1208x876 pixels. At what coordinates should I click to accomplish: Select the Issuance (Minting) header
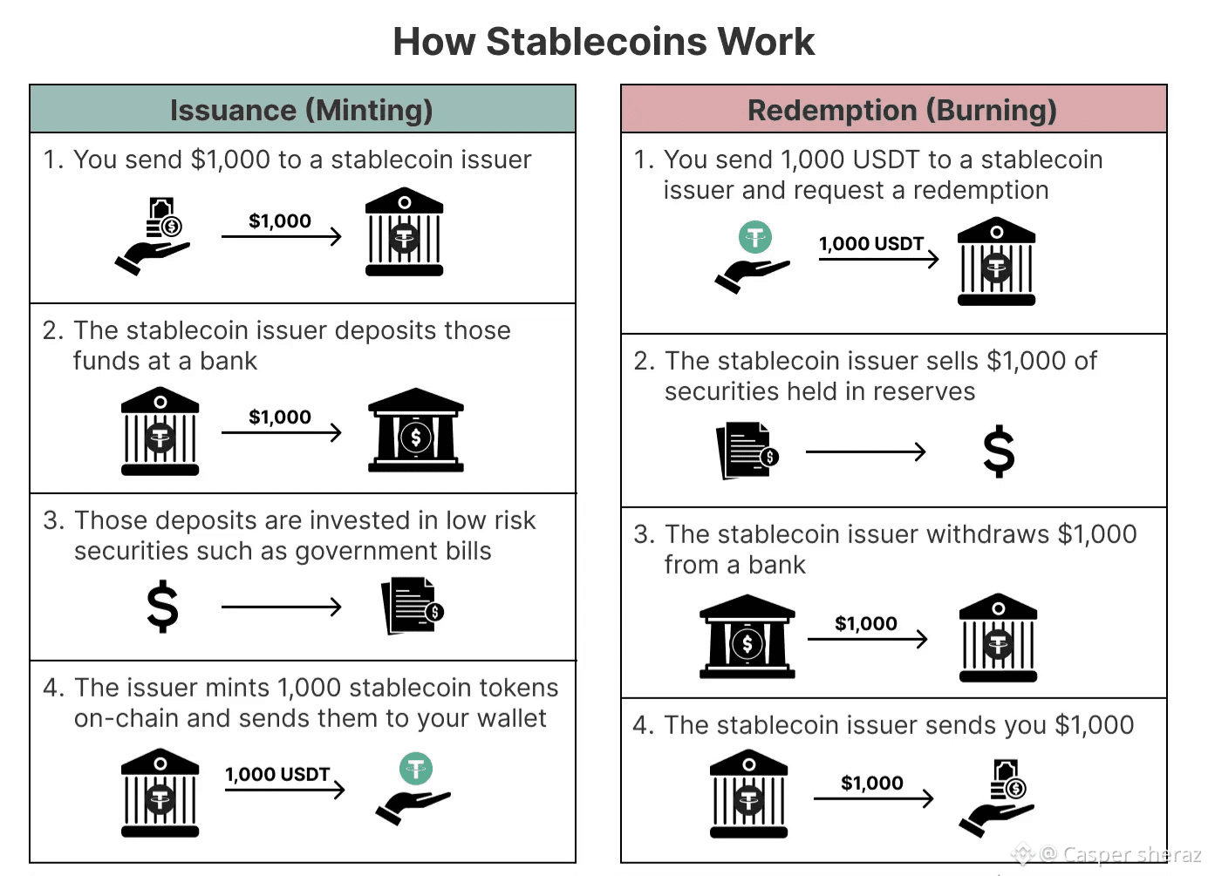pyautogui.click(x=302, y=111)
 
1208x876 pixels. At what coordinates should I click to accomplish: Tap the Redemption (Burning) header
pyautogui.click(x=902, y=111)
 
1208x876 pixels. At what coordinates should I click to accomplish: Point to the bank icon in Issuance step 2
pyautogui.click(x=415, y=431)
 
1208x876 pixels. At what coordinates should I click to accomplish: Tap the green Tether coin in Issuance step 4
pyautogui.click(x=416, y=769)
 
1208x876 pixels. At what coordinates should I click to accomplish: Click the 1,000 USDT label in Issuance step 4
pyautogui.click(x=277, y=774)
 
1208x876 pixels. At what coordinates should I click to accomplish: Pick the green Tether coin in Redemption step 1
pyautogui.click(x=755, y=236)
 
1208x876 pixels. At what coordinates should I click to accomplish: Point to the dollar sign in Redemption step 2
pyautogui.click(x=999, y=452)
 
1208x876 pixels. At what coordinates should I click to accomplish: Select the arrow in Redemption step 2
pyautogui.click(x=865, y=452)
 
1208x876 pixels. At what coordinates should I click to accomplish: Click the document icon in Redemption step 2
pyautogui.click(x=747, y=451)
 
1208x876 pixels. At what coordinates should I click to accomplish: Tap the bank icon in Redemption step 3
pyautogui.click(x=747, y=636)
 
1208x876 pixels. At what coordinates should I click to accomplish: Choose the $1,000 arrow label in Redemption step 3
pyautogui.click(x=865, y=623)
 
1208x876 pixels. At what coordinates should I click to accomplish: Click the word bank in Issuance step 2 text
pyautogui.click(x=229, y=361)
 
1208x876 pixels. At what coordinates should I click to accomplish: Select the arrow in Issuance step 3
pyautogui.click(x=281, y=607)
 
